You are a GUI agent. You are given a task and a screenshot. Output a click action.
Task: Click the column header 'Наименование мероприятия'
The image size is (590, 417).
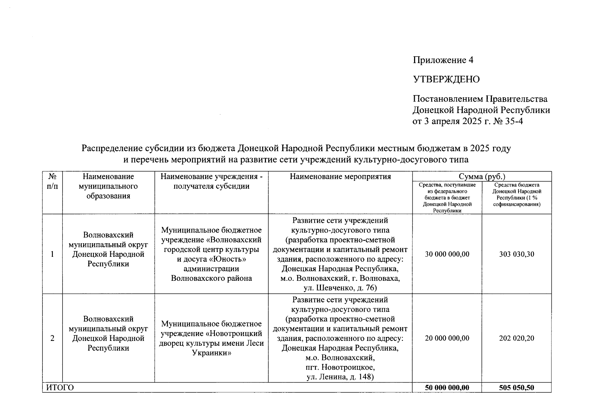[x=340, y=177]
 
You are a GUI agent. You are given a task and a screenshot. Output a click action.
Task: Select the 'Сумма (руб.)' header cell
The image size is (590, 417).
[x=482, y=177]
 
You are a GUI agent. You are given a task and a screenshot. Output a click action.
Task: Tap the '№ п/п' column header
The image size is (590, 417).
[x=52, y=181]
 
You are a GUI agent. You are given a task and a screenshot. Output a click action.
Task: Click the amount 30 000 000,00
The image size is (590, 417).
[x=447, y=254]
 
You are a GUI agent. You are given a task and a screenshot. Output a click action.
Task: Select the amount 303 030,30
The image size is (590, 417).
[x=516, y=254]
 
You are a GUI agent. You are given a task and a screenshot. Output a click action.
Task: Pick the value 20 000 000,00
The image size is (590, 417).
[x=447, y=338]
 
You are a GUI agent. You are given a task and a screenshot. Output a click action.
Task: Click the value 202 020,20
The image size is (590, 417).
[x=516, y=338]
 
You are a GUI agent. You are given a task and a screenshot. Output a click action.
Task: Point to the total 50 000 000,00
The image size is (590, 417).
[x=447, y=387]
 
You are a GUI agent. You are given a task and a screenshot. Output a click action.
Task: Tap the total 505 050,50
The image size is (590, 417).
[x=516, y=387]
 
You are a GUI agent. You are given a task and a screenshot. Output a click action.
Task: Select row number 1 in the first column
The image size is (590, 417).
[x=52, y=254]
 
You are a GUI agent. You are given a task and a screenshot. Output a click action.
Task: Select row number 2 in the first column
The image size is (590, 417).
[x=52, y=338]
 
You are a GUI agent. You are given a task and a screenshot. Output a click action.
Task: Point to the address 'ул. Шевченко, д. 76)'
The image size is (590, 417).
[x=340, y=288]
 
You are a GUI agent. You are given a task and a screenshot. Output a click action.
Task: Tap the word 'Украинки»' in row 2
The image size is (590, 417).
[x=211, y=353]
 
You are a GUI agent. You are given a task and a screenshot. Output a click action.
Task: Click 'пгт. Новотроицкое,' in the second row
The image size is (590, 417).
[x=340, y=367]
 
